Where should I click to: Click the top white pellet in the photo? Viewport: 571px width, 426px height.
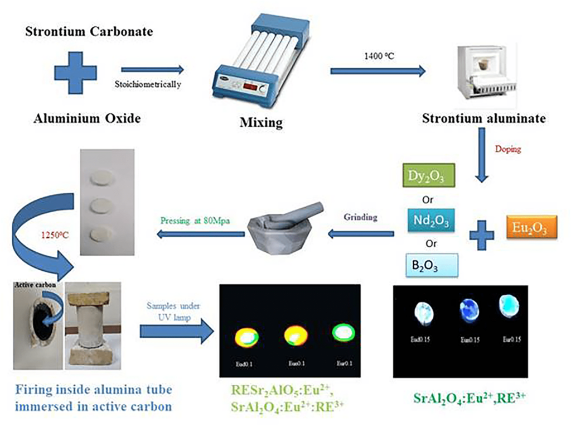pos(106,176)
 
